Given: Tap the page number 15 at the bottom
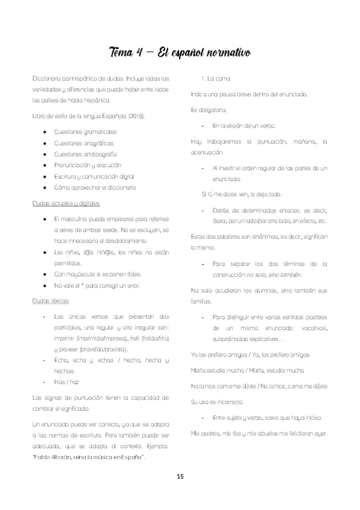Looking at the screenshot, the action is pos(180,476).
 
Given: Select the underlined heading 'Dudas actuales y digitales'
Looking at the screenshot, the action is pos(66,203).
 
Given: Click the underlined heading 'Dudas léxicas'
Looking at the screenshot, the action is pos(51,299).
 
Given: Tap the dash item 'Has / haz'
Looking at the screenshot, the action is pos(66,381).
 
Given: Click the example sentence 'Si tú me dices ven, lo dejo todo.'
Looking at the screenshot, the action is pos(241,194).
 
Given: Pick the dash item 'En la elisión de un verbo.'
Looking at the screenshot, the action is pos(244,125).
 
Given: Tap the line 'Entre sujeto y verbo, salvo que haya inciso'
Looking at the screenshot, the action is pos(266,417).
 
